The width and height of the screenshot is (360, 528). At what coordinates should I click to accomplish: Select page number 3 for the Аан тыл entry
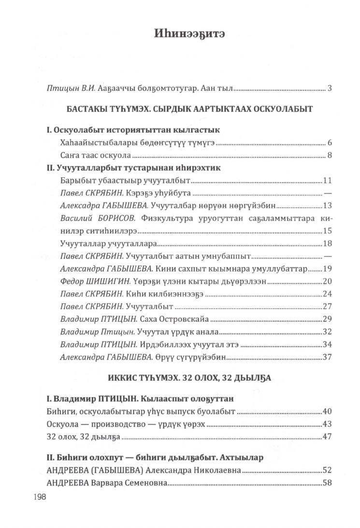329,88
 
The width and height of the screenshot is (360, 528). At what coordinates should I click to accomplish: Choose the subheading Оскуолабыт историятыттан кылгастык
120,130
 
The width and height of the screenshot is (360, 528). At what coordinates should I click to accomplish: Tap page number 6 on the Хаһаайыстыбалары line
329,143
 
